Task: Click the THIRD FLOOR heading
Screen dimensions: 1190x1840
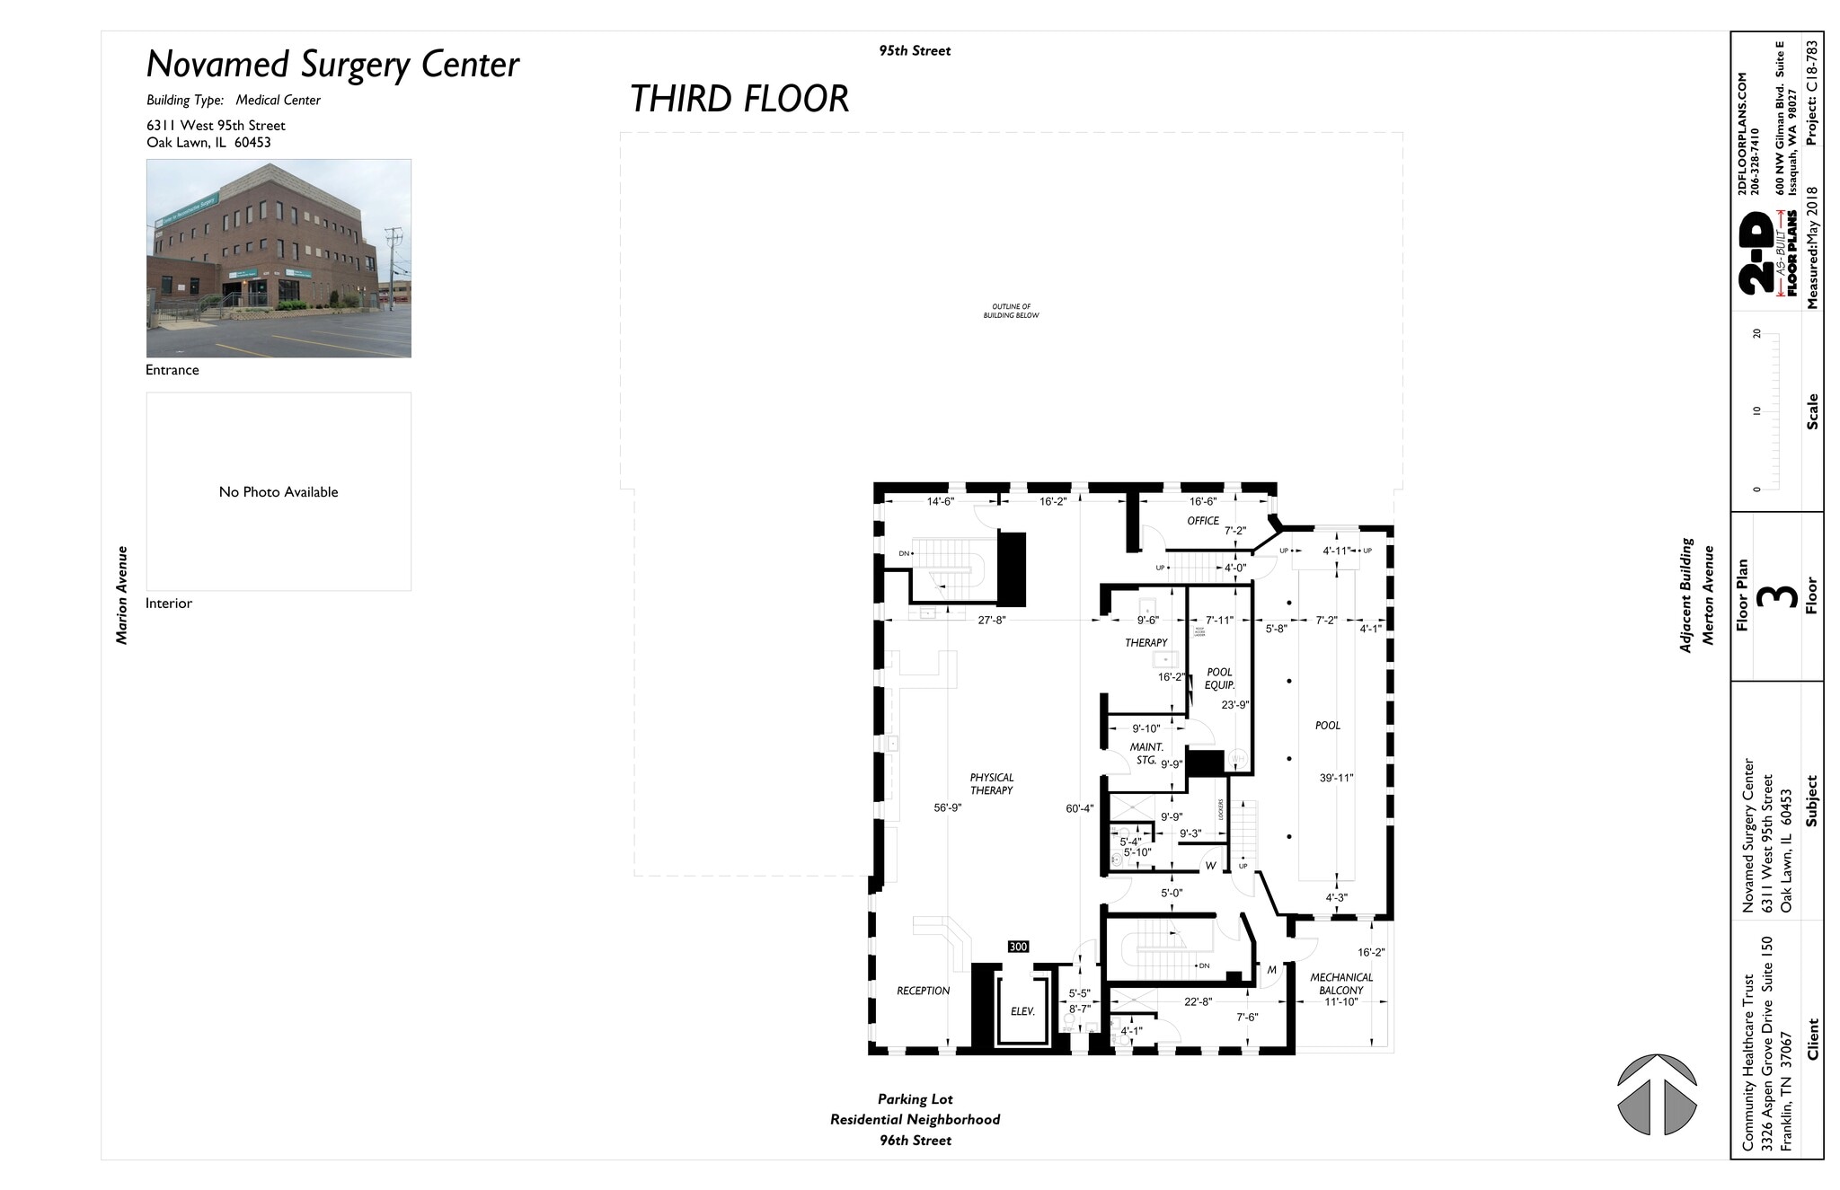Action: (739, 99)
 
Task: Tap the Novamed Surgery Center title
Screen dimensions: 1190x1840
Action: (332, 65)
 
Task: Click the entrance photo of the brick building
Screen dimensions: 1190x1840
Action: (279, 259)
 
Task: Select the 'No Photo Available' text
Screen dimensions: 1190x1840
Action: (279, 492)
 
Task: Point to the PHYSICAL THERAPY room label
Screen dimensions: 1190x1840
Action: (991, 784)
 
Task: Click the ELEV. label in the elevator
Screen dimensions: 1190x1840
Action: (1022, 1011)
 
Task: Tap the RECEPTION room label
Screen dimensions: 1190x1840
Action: (923, 991)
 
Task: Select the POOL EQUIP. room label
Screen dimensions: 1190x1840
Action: (1219, 679)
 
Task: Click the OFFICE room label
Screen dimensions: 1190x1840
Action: (1203, 521)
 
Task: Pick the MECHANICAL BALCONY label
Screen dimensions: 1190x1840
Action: (1341, 983)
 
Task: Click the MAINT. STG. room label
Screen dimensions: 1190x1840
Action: (1146, 754)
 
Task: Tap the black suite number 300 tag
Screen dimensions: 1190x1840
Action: (1018, 947)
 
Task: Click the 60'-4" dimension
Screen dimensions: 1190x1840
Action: (1079, 808)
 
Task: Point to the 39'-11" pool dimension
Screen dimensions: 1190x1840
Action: (1336, 778)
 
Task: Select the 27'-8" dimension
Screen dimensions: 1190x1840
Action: (991, 620)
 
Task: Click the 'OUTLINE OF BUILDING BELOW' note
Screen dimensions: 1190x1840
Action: (1011, 311)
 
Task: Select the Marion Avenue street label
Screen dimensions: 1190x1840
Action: (122, 595)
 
